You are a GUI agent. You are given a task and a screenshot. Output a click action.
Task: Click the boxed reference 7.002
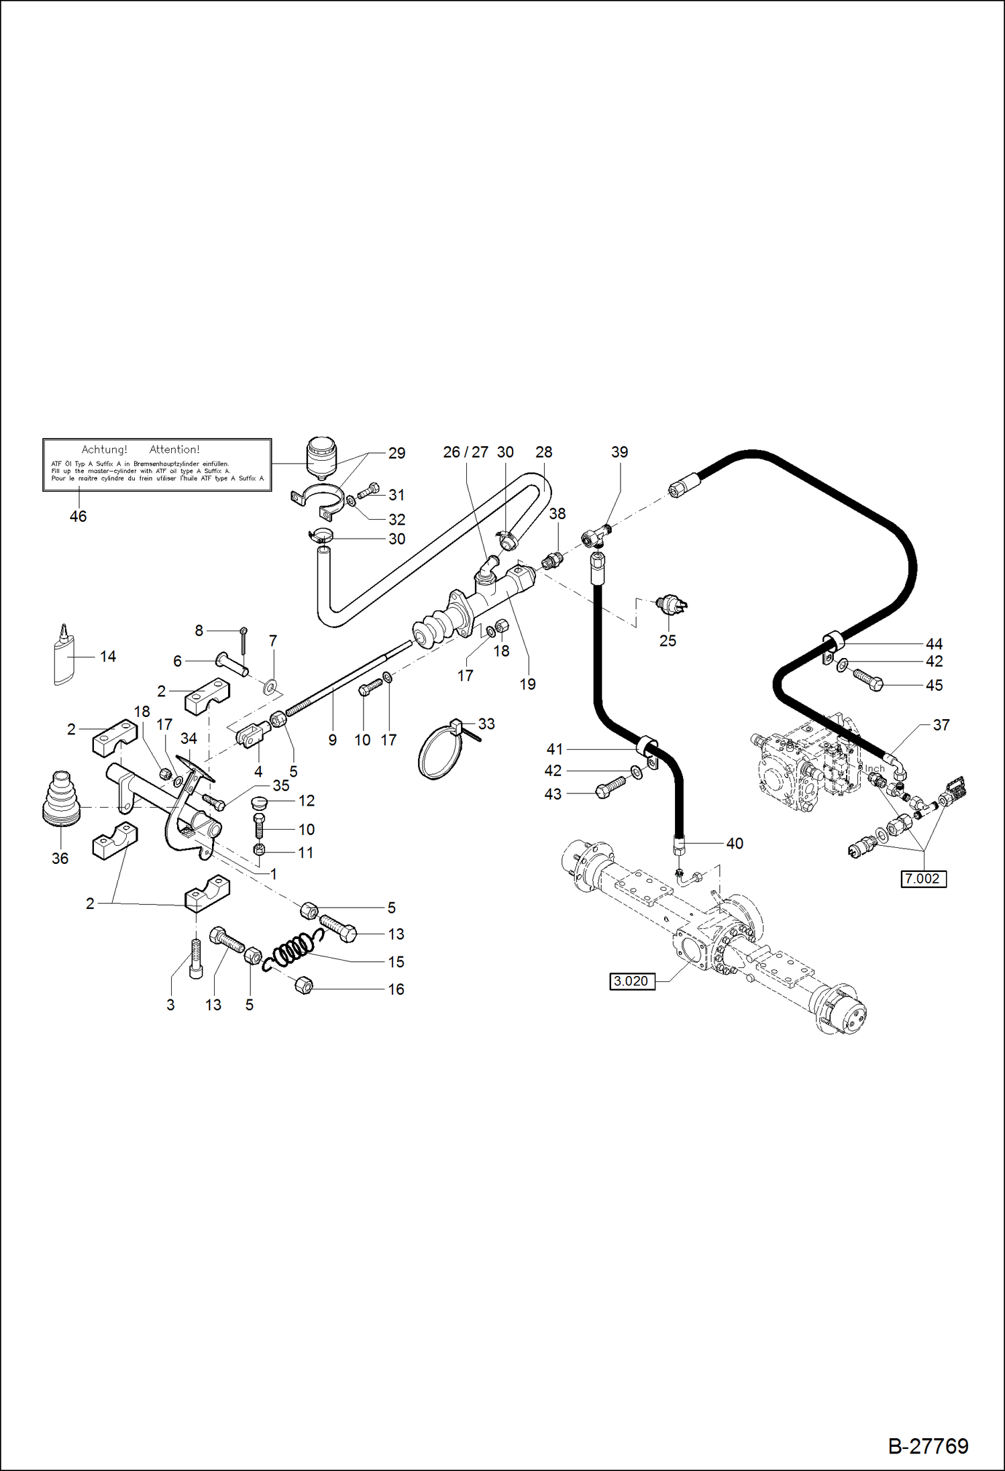[923, 879]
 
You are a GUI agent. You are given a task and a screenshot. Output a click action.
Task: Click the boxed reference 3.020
[631, 981]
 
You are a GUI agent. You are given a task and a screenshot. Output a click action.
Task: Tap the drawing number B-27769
[928, 1446]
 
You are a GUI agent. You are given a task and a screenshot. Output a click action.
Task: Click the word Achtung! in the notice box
[104, 449]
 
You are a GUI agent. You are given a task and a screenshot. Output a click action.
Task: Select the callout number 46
[78, 516]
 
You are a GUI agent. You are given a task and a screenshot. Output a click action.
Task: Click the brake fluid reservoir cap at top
[321, 446]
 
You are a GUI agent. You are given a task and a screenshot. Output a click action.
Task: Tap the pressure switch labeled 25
[670, 604]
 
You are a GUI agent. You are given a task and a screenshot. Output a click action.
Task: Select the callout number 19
[527, 684]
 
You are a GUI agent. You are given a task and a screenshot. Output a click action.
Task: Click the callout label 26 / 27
[466, 453]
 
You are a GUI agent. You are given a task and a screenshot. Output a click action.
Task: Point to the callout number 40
[735, 844]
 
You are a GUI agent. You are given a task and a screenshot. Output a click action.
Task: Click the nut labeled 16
[304, 985]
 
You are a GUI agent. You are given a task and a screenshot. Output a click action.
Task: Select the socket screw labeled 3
[195, 959]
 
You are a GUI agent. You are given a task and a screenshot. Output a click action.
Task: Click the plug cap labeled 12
[259, 802]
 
